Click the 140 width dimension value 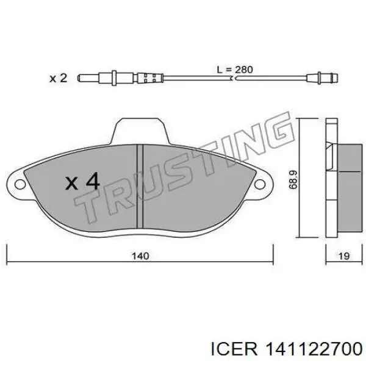pyautogui.click(x=140, y=256)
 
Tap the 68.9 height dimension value pyautogui.click(x=293, y=179)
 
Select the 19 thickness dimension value pyautogui.click(x=344, y=256)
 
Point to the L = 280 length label pyautogui.click(x=235, y=70)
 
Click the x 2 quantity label pyautogui.click(x=59, y=78)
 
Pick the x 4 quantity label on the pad pyautogui.click(x=82, y=181)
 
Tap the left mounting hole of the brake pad pyautogui.click(x=20, y=184)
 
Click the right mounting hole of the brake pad pyautogui.click(x=260, y=184)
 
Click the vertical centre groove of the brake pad pyautogui.click(x=140, y=186)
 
